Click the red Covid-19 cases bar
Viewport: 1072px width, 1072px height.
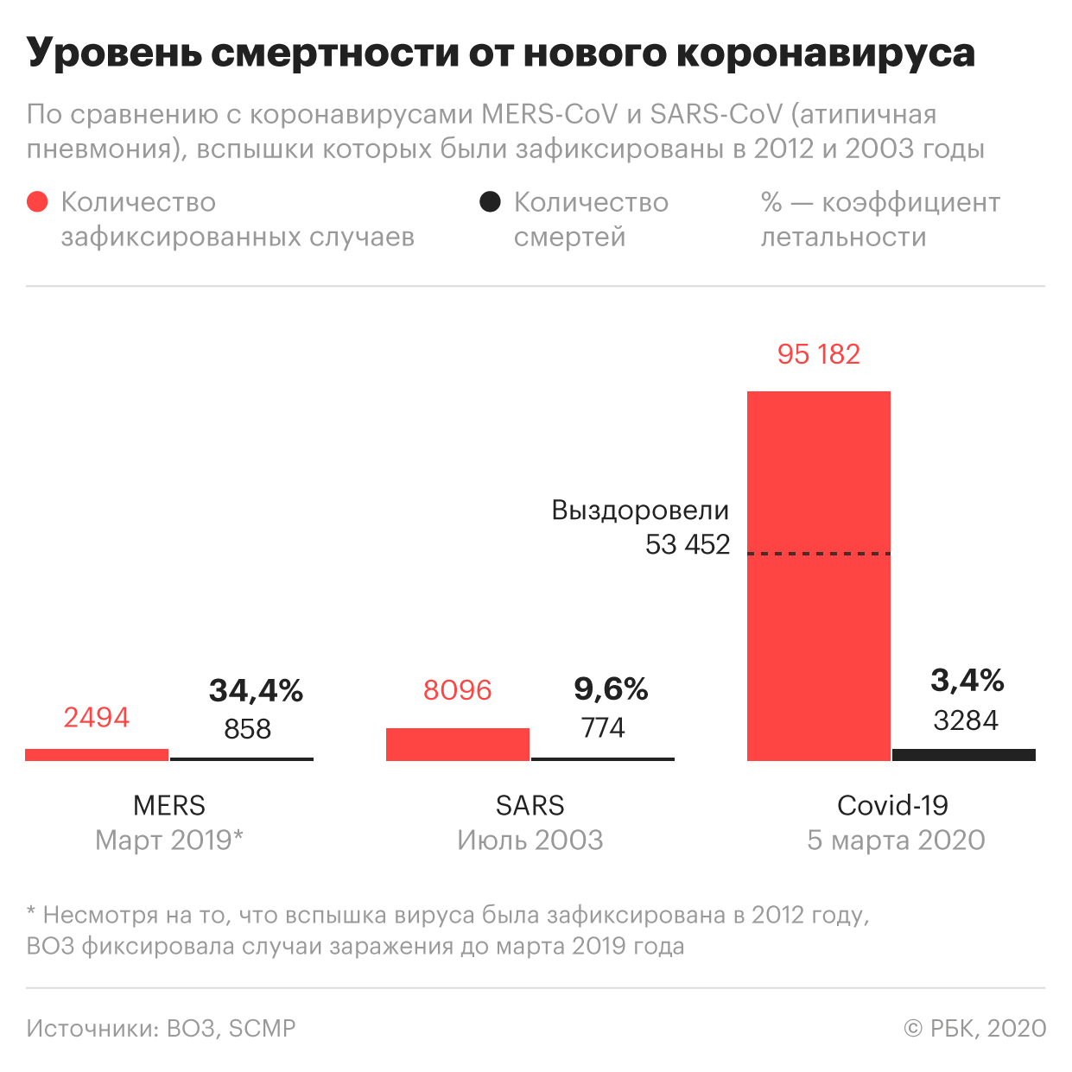pos(818,657)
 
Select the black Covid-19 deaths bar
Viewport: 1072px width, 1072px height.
pos(963,755)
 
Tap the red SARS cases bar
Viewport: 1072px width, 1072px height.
pos(457,745)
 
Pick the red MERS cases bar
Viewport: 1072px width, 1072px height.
pos(97,755)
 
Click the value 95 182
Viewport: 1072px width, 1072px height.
pos(818,354)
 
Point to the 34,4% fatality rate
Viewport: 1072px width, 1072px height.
pos(256,690)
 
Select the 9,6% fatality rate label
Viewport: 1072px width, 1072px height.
pos(611,688)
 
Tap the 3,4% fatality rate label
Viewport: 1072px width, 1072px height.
pos(967,681)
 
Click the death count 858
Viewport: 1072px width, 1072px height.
pos(247,729)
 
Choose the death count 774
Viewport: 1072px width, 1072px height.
pos(602,728)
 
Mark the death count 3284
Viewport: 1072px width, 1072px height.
pos(965,720)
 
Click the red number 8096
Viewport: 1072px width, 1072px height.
pos(457,690)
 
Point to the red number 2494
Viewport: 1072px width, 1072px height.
pos(96,717)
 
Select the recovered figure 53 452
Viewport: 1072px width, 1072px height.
pos(688,544)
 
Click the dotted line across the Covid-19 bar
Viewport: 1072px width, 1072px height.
pos(818,553)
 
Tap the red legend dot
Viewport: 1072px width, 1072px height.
pos(37,202)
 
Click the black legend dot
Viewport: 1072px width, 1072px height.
pos(490,202)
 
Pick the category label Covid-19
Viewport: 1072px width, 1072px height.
pos(892,805)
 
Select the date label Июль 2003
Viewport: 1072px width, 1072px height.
pos(530,840)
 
